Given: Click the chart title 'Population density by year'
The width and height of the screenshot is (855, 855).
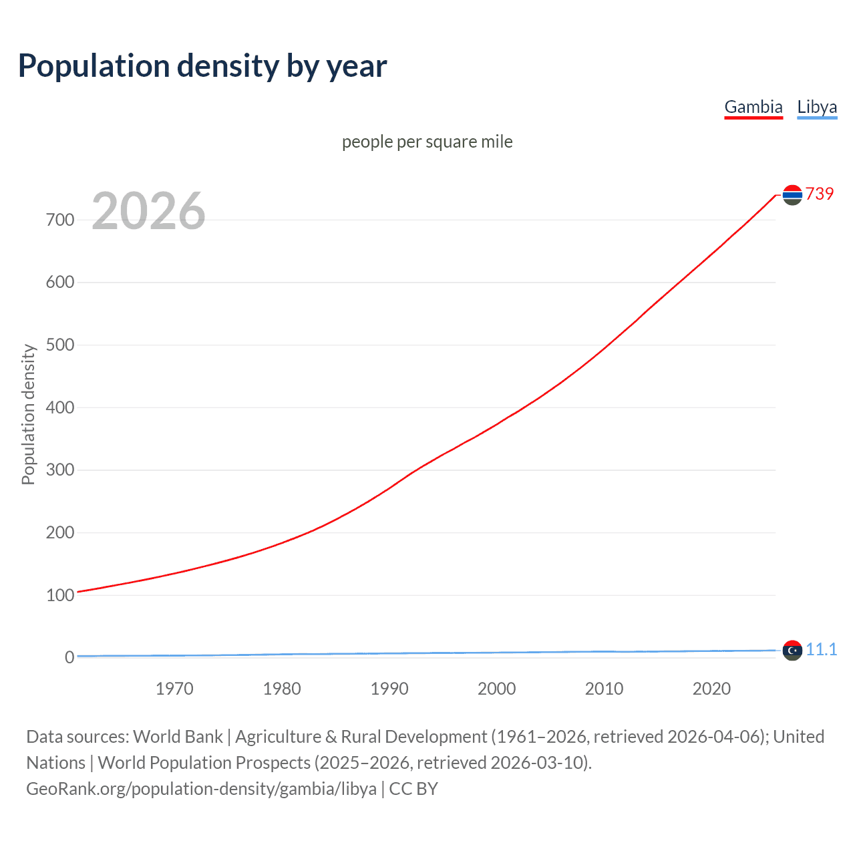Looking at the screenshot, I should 202,66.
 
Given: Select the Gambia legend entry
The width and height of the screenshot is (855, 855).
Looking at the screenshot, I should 753,107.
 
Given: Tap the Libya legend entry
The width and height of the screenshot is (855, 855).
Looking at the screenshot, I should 816,107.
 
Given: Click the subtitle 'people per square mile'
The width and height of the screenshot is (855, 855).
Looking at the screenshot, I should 427,142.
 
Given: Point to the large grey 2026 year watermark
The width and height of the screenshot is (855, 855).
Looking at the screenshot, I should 148,211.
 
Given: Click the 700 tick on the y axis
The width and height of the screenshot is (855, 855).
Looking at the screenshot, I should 60,220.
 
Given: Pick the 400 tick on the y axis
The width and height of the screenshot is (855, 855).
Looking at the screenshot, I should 60,407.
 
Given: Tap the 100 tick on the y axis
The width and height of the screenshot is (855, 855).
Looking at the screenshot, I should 60,595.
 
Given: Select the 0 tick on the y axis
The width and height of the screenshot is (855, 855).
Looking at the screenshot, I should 69,657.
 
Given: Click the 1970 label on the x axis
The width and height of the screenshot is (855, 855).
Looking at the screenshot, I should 174,689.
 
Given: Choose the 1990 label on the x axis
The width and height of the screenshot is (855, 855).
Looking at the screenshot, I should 389,689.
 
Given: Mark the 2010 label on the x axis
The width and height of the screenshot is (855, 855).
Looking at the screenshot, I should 604,689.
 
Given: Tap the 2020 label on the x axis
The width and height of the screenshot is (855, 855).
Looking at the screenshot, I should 711,689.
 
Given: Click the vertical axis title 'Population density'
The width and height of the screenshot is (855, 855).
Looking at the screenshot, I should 28,414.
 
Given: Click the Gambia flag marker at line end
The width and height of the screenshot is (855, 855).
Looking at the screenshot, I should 792,195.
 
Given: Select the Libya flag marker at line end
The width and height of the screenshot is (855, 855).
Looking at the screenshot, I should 792,650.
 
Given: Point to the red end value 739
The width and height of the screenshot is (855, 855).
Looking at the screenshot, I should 820,194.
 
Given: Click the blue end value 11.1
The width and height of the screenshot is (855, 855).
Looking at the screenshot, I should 821,649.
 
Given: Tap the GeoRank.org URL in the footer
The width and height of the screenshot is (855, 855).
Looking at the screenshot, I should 201,788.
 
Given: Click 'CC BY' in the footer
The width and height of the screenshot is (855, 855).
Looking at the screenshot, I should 413,788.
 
